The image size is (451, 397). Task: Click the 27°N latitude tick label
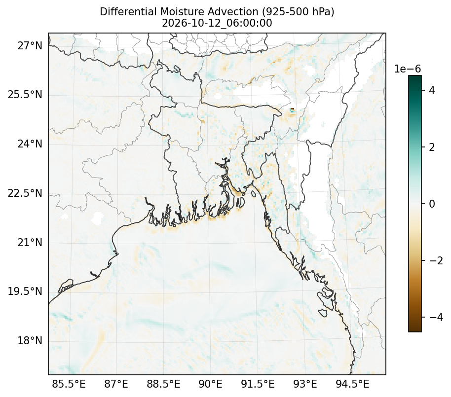[30, 45]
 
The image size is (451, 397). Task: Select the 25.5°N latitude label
[25, 95]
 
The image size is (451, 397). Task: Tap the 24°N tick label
[30, 144]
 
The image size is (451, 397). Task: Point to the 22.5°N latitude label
[25, 193]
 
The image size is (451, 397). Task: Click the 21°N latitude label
[30, 242]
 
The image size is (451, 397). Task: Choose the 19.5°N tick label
[25, 291]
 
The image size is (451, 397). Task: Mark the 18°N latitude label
[30, 341]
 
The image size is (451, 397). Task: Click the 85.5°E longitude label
[69, 384]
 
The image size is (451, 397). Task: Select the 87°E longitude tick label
[116, 384]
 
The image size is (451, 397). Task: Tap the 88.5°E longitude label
[163, 384]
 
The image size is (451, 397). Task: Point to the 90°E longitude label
[211, 384]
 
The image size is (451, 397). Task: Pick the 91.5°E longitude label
[258, 384]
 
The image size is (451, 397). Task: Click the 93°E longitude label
[305, 384]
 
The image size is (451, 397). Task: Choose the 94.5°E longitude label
[352, 384]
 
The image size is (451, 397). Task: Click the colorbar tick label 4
[432, 91]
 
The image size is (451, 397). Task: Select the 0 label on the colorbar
[432, 204]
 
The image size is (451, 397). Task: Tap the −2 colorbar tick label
[436, 261]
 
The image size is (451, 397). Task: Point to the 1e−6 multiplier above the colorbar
[407, 69]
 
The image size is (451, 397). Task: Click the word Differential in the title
[129, 12]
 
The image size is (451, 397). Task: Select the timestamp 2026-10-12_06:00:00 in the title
[217, 23]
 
